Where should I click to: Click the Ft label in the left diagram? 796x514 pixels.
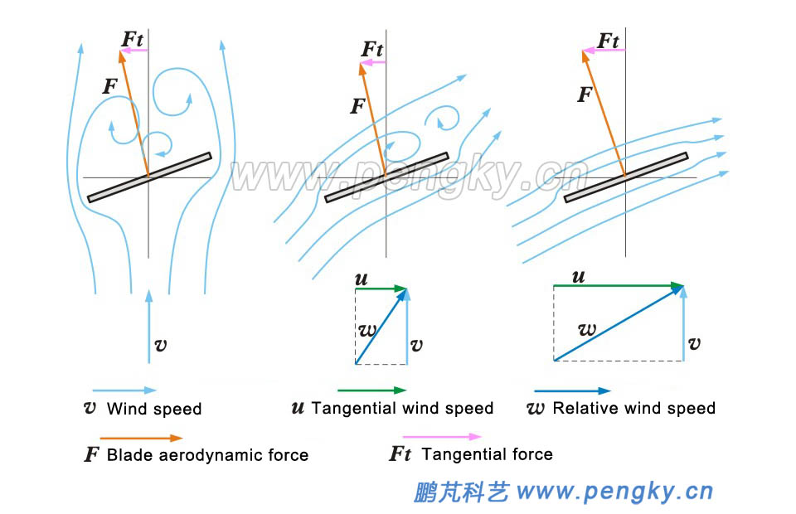click(134, 38)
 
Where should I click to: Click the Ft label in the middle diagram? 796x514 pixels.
click(373, 49)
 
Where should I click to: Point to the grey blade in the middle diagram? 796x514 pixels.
click(386, 177)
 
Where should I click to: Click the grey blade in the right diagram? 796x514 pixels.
click(626, 177)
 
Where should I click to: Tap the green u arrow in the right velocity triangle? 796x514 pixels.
click(618, 285)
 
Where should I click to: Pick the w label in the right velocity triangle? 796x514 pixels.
click(587, 329)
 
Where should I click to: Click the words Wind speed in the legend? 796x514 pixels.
click(154, 409)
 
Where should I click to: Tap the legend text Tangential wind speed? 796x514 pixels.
click(402, 408)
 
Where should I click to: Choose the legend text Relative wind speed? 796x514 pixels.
click(633, 408)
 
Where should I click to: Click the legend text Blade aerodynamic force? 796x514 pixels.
click(207, 454)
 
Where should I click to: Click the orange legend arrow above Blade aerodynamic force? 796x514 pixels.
click(140, 438)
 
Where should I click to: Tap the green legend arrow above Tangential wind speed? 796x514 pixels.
click(371, 390)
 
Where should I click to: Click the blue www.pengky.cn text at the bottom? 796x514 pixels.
click(614, 492)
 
